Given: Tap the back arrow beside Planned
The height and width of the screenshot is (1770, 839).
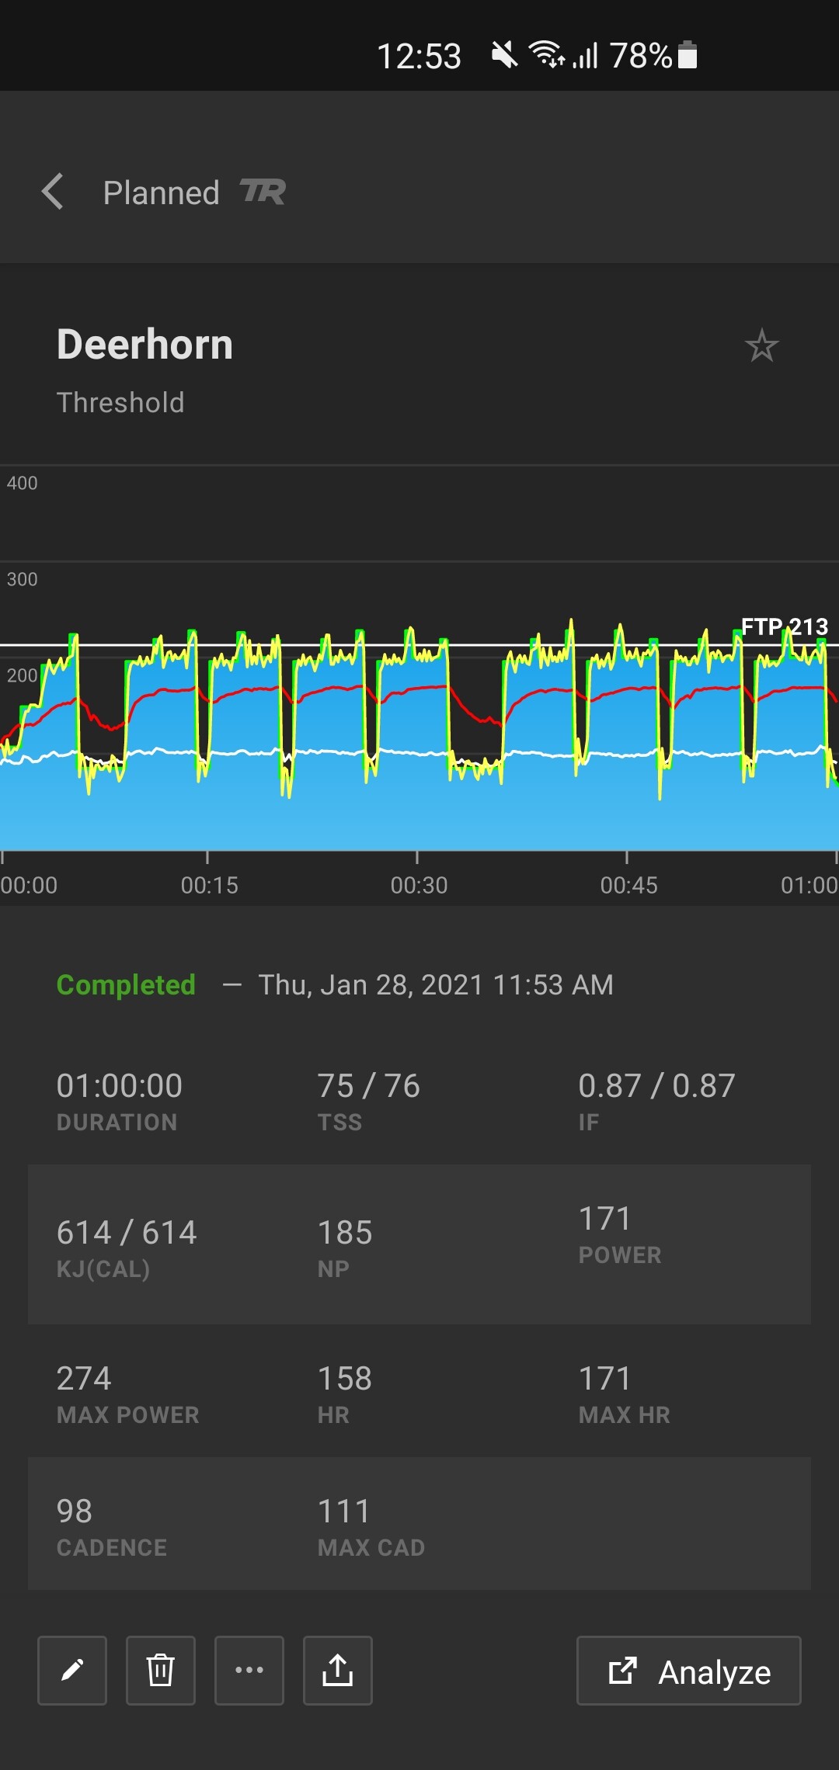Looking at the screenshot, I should click(53, 192).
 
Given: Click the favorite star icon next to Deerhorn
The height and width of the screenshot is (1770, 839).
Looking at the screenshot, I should click(761, 346).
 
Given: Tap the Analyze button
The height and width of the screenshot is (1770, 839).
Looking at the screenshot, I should click(688, 1671).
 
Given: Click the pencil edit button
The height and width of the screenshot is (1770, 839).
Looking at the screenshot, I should click(72, 1671).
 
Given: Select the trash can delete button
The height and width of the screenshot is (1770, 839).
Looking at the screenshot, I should click(161, 1671).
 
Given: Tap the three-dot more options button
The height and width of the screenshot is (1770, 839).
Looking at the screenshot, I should click(249, 1671).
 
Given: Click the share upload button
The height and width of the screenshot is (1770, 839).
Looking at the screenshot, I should click(338, 1671).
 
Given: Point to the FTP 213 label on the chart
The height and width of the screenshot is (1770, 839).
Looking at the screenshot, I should click(784, 626).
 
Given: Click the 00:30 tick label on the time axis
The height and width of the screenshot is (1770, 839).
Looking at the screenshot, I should click(419, 885).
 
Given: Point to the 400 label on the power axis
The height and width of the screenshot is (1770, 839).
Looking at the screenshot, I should click(22, 483).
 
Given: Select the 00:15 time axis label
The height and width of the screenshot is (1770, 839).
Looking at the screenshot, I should click(209, 885).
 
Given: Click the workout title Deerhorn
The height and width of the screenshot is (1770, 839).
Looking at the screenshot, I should click(144, 345).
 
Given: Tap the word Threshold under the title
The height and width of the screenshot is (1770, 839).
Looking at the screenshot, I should click(120, 403).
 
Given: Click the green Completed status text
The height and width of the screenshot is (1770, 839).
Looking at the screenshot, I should click(126, 984).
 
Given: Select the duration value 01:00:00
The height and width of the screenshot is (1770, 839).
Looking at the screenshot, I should click(120, 1085).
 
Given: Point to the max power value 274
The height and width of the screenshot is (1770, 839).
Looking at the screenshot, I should click(84, 1379).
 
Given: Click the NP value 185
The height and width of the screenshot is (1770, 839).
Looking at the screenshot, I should click(345, 1233).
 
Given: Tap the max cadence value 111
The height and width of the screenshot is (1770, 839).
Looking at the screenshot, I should click(344, 1511).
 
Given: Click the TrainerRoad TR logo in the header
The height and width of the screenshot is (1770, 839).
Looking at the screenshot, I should click(263, 192).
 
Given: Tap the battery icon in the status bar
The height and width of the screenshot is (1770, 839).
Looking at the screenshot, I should click(688, 55).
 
